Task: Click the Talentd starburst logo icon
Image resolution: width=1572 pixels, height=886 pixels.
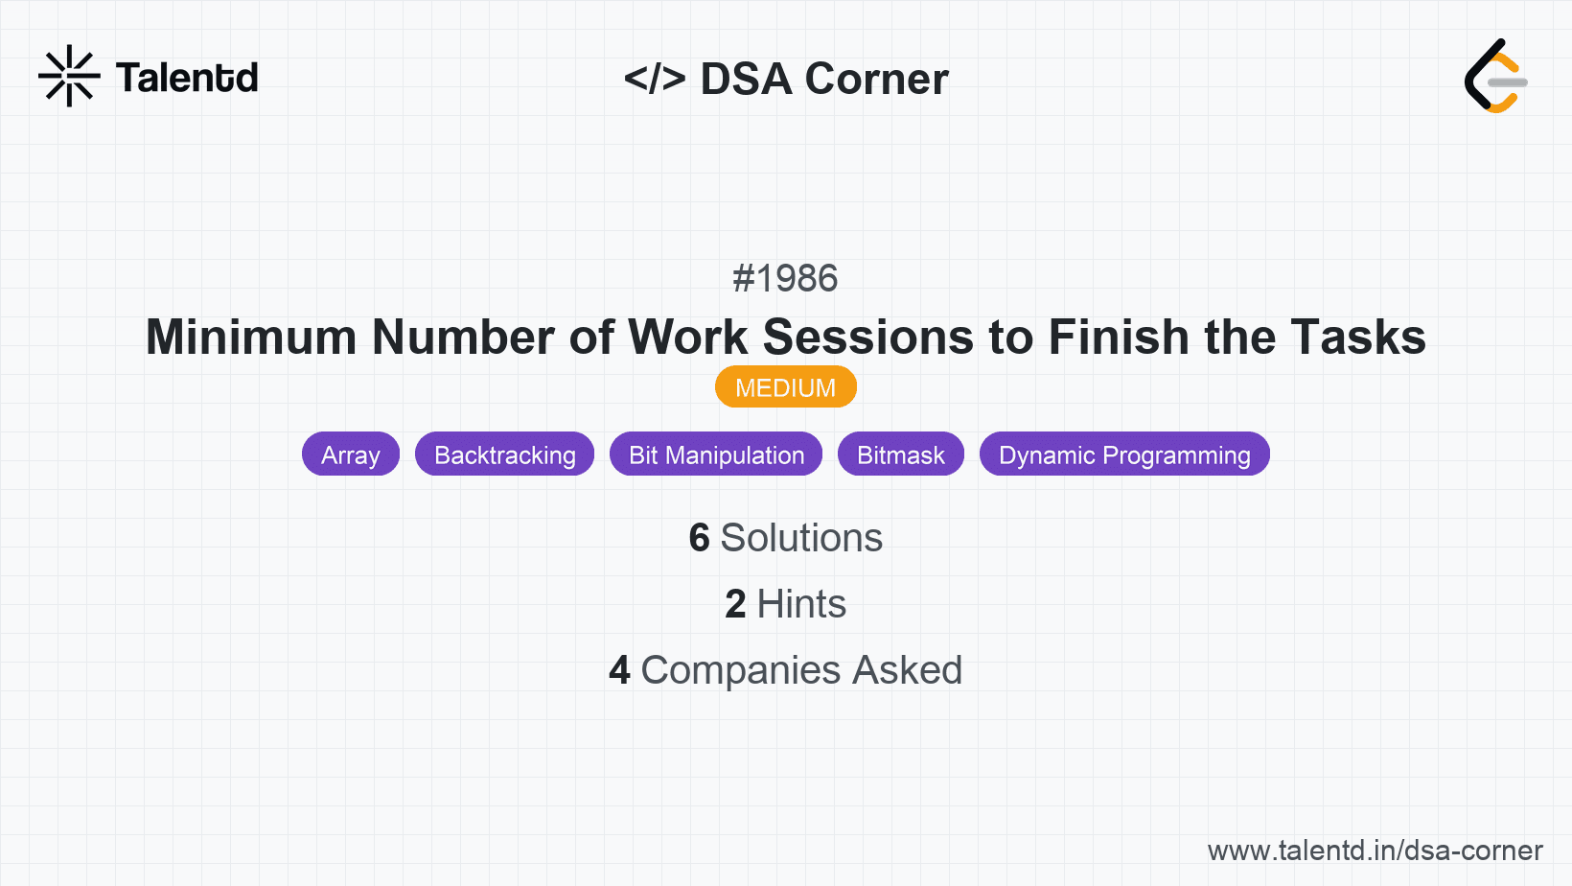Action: [x=69, y=76]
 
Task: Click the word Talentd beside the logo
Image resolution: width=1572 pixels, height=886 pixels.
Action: [x=187, y=78]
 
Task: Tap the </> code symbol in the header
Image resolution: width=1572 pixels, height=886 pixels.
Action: [x=655, y=79]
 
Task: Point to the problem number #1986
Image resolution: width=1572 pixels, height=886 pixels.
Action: [x=785, y=279]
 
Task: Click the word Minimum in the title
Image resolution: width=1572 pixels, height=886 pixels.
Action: [x=250, y=338]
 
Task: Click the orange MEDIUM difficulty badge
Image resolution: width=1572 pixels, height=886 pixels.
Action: [x=785, y=387]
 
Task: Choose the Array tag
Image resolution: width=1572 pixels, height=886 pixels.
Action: [x=351, y=455]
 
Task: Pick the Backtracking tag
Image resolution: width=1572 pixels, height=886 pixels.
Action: [x=504, y=455]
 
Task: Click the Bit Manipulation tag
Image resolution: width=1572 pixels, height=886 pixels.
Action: [x=716, y=455]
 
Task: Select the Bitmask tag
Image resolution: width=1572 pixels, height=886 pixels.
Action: [x=900, y=455]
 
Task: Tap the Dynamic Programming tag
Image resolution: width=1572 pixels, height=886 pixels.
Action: [x=1124, y=455]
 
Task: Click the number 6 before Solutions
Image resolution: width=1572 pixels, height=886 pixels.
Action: [x=699, y=538]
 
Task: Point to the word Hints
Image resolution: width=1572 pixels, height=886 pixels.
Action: [x=801, y=604]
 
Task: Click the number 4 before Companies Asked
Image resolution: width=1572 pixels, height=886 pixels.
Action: [x=619, y=670]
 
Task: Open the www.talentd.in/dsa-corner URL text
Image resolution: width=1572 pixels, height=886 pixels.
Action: [x=1375, y=851]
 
